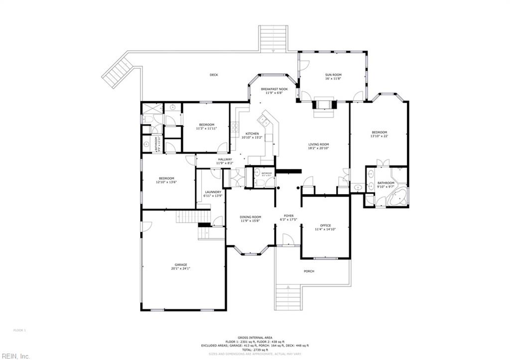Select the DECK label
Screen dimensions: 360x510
pyautogui.click(x=214, y=75)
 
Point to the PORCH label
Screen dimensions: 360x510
pyautogui.click(x=309, y=271)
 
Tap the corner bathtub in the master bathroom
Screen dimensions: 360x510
pyautogui.click(x=397, y=197)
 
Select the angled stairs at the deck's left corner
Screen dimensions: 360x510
pyautogui.click(x=117, y=70)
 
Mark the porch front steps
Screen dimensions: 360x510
pyautogui.click(x=288, y=296)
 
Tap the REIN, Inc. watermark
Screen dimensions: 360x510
pyautogui.click(x=15, y=356)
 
